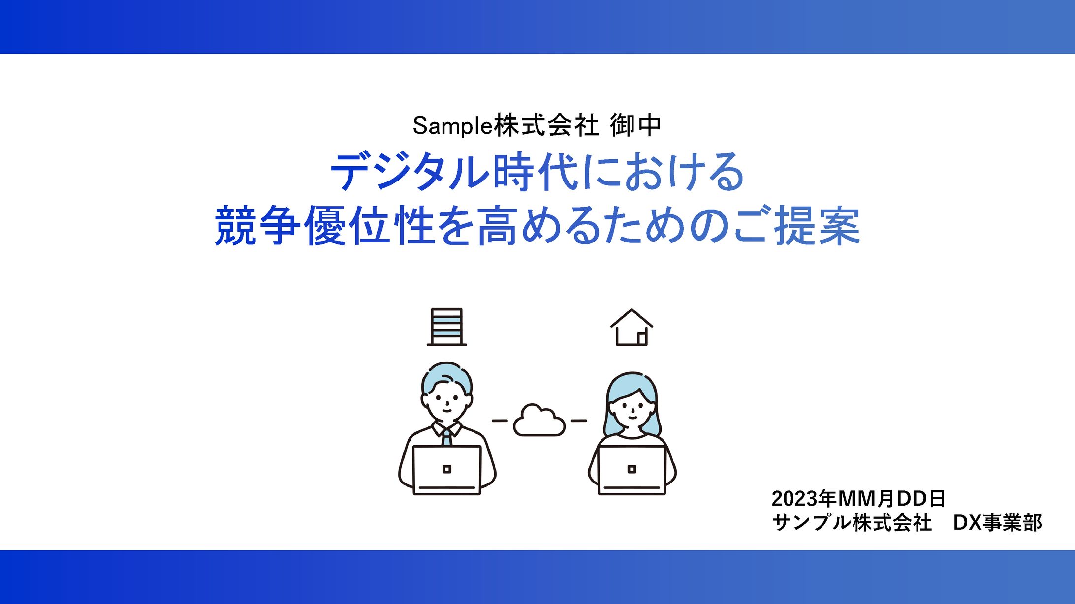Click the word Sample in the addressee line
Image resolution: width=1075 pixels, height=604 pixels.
[x=453, y=126]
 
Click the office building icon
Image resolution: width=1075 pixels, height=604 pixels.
[x=446, y=327]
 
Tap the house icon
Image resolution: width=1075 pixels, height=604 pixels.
[x=632, y=327]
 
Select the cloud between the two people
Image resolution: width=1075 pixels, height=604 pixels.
[x=539, y=420]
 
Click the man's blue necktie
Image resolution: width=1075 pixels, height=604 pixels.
[x=446, y=437]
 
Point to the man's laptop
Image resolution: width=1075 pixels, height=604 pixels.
[x=446, y=470]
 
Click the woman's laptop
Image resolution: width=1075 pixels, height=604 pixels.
[x=632, y=470]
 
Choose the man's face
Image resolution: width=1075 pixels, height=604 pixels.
[x=447, y=401]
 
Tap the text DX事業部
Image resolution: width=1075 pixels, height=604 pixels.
[x=997, y=523]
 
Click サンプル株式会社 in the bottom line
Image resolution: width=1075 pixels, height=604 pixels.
[x=852, y=523]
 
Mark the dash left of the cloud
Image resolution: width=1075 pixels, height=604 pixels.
[x=500, y=421]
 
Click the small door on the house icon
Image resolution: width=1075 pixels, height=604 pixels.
[x=642, y=338]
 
